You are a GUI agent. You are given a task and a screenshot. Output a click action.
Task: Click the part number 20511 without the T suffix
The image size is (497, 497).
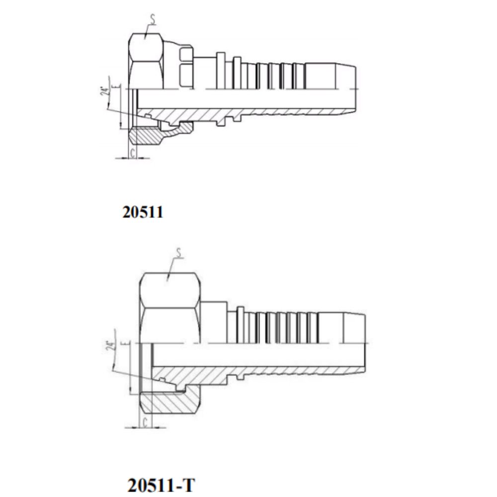point(143,212)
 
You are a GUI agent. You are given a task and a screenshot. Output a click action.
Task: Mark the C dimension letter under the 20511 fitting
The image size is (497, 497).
point(132,151)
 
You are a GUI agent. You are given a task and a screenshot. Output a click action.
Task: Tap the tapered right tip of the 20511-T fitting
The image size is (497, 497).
point(359,328)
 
